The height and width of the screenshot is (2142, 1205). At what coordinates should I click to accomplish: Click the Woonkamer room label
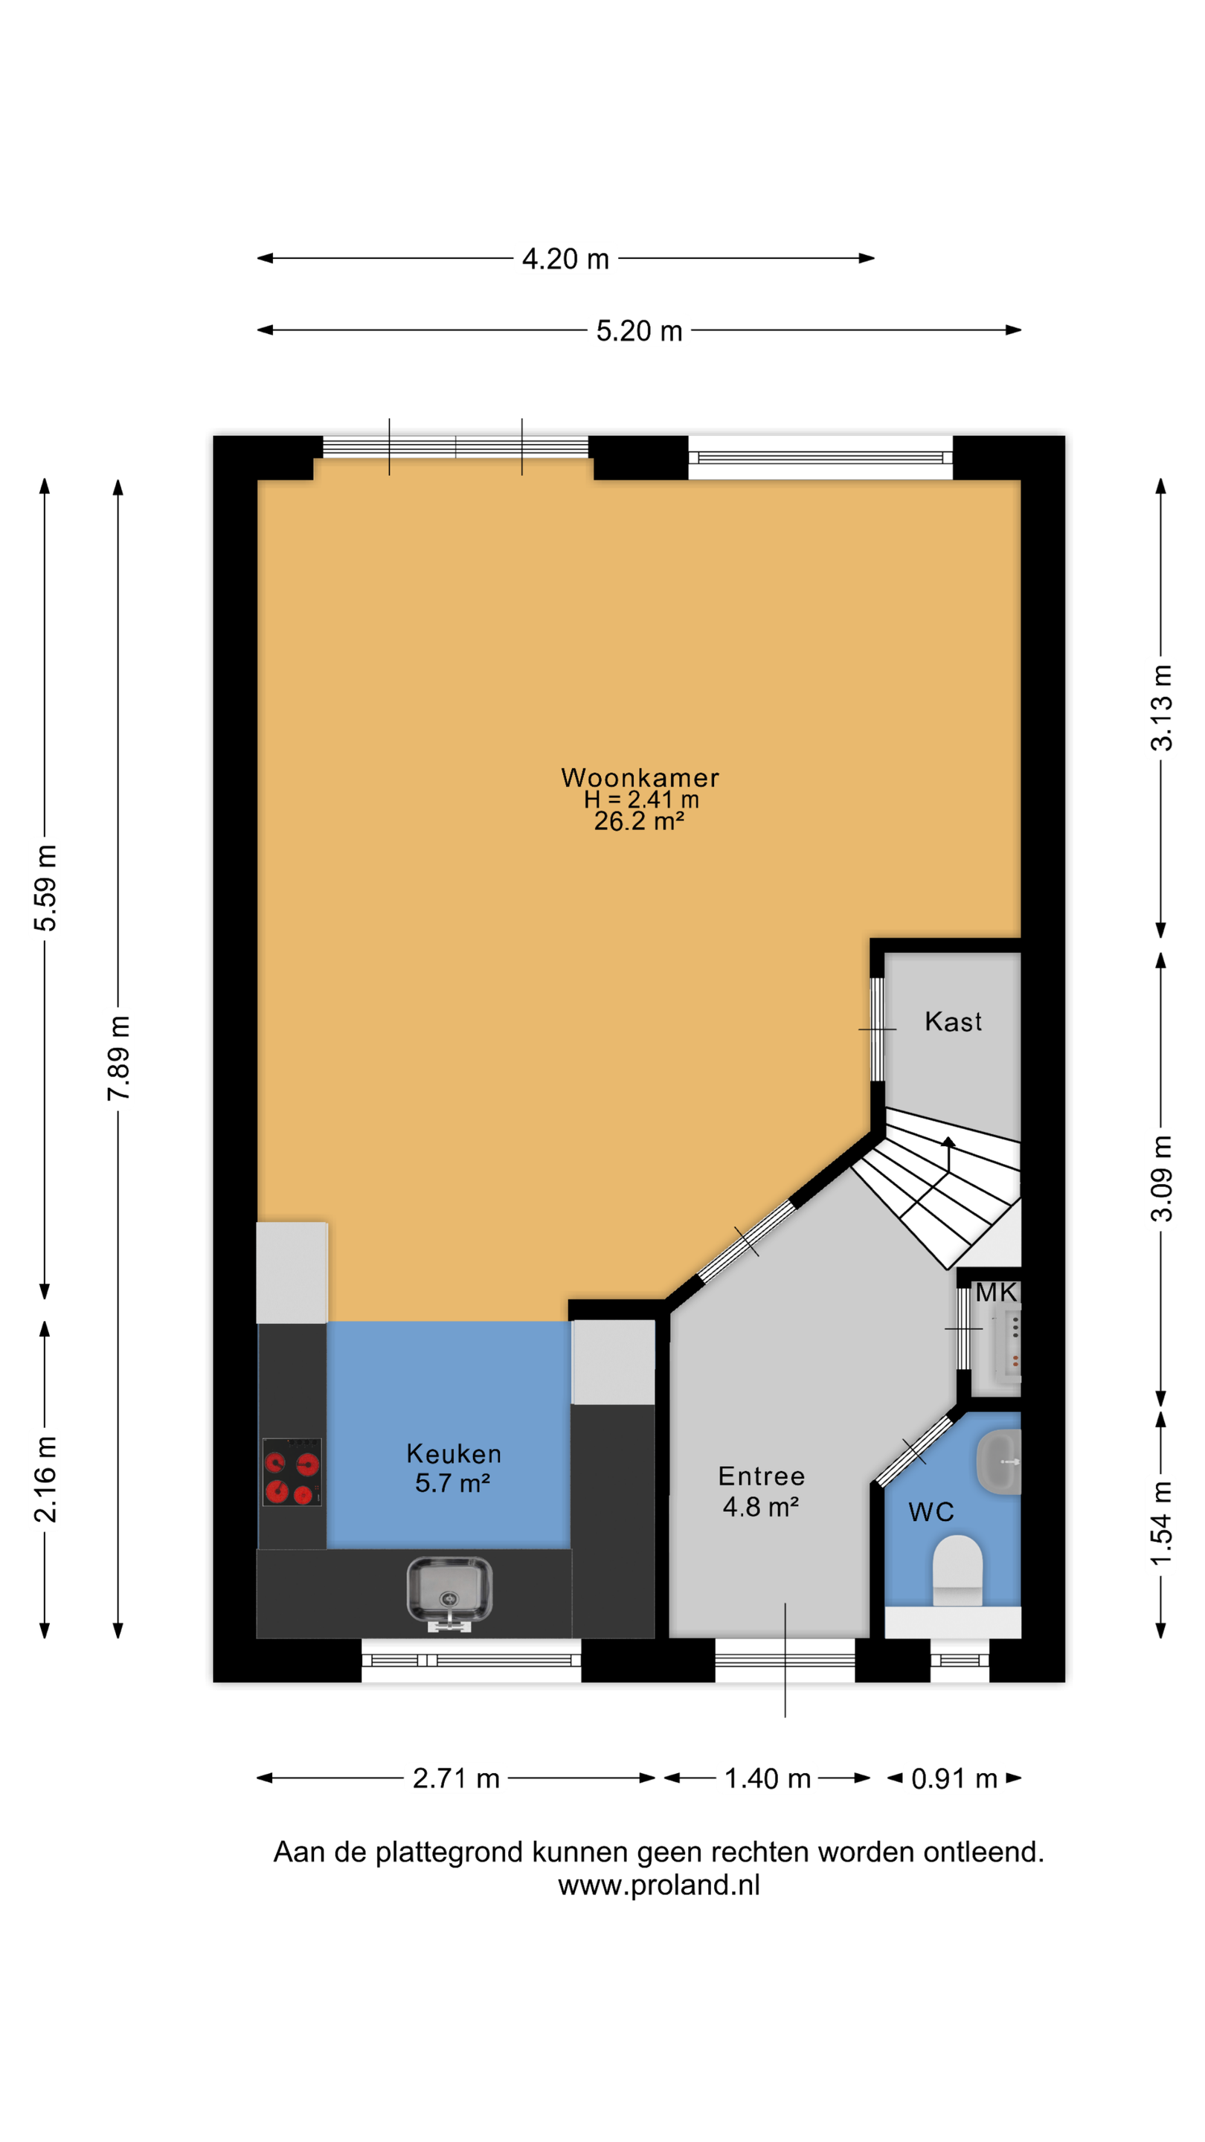pyautogui.click(x=640, y=777)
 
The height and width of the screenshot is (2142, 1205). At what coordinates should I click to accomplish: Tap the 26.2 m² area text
pyautogui.click(x=639, y=822)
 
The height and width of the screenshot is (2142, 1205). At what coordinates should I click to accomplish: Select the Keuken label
pyautogui.click(x=453, y=1453)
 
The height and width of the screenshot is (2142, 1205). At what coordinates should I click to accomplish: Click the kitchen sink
pyautogui.click(x=449, y=1592)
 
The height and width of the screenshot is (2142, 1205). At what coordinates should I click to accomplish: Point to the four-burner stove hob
pyautogui.click(x=292, y=1472)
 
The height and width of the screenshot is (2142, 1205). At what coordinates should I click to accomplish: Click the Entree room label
pyautogui.click(x=761, y=1476)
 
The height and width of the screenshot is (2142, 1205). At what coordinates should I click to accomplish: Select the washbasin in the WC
pyautogui.click(x=998, y=1461)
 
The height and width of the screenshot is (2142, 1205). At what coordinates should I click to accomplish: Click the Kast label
pyautogui.click(x=953, y=1021)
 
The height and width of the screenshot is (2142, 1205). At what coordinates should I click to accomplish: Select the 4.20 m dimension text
pyautogui.click(x=565, y=259)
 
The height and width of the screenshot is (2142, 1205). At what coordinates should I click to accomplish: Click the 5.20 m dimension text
pyautogui.click(x=639, y=331)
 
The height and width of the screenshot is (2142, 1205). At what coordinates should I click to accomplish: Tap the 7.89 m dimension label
pyautogui.click(x=118, y=1058)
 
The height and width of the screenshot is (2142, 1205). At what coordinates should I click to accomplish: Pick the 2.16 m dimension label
pyautogui.click(x=45, y=1479)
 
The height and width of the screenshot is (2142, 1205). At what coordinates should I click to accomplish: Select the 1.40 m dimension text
pyautogui.click(x=767, y=1778)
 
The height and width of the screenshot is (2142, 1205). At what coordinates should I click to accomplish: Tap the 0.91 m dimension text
pyautogui.click(x=954, y=1778)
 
